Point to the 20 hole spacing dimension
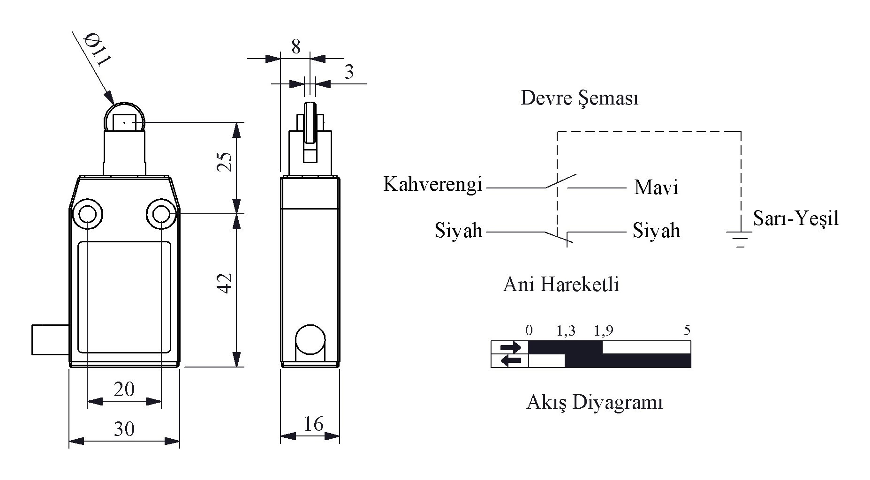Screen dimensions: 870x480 click(x=124, y=389)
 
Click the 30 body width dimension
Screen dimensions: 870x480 click(x=124, y=429)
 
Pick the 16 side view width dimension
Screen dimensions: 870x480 click(x=313, y=424)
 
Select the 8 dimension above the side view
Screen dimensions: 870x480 click(x=296, y=47)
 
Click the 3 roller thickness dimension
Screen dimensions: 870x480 click(x=349, y=72)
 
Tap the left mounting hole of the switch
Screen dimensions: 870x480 click(x=87, y=215)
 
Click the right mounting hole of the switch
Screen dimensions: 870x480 click(x=161, y=215)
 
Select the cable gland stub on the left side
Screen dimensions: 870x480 click(x=50, y=339)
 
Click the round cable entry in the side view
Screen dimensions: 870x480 click(x=310, y=339)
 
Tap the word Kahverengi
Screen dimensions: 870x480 click(x=433, y=184)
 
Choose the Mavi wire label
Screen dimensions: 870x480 click(x=656, y=187)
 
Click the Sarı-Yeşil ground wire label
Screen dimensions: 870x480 click(x=796, y=218)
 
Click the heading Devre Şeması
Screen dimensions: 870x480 click(x=580, y=98)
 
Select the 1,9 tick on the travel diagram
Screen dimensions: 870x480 click(x=604, y=331)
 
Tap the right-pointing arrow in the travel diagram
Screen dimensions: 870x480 click(x=511, y=347)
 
